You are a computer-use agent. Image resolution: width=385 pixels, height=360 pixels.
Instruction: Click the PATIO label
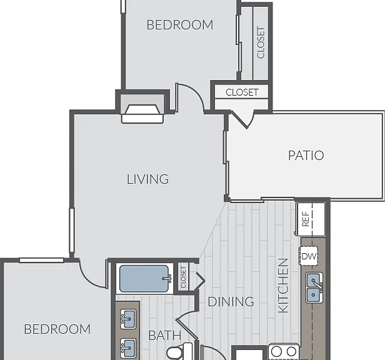pos(306,156)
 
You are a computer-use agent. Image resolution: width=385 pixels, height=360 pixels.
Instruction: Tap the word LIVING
pos(147,179)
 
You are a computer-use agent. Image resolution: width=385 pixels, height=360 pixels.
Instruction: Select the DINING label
pos(231,301)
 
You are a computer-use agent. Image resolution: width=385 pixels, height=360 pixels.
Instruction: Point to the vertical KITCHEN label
pos(283,286)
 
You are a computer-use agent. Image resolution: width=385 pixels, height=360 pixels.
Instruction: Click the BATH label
pos(165,336)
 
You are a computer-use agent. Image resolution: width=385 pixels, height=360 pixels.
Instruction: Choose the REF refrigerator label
pos(305,219)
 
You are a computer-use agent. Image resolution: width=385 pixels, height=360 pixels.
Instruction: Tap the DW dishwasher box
pos(309,256)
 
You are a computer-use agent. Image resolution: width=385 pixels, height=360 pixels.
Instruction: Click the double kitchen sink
pos(314,287)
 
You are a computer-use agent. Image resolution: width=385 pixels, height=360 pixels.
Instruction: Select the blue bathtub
pos(144,279)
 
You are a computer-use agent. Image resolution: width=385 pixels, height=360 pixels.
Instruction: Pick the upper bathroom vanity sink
pos(128,319)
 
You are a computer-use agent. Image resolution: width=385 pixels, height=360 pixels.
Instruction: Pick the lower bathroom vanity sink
pos(128,348)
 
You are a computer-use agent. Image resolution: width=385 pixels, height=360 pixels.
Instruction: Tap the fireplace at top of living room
pos(142,114)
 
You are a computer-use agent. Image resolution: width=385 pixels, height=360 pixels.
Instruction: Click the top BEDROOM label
pos(180,25)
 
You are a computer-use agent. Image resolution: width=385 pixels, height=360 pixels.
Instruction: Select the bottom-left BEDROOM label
pos(57,329)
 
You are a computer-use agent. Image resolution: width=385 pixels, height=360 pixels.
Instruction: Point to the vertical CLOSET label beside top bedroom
pos(261,42)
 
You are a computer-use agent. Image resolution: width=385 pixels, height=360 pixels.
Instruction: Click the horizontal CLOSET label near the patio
pos(242,92)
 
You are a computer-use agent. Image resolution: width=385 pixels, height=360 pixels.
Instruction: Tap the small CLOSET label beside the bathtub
pos(183,277)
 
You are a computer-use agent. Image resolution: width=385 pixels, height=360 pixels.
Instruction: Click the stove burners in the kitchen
pos(284,351)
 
